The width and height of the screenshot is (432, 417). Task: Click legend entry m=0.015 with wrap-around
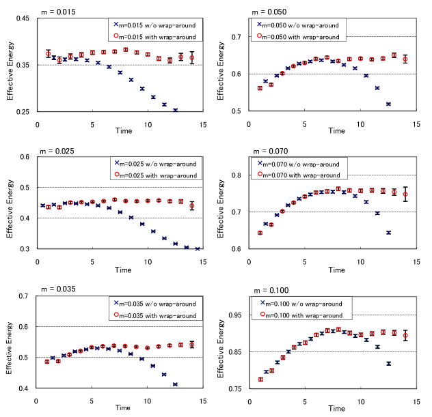(x=158, y=36)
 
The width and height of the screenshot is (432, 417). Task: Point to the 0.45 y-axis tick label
(x=23, y=18)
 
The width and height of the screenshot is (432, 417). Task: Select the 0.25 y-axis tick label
(x=23, y=111)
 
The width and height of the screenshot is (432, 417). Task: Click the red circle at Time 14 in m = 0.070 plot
(x=405, y=194)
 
